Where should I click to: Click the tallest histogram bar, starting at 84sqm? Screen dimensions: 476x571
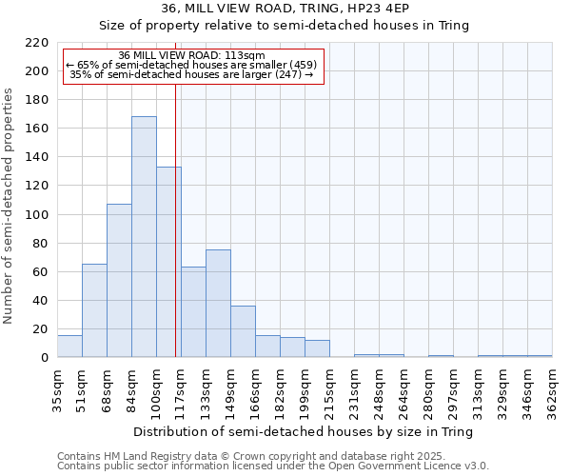[144, 237]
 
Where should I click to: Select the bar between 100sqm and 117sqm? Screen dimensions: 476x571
[168, 262]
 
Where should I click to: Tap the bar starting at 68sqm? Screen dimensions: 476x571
[119, 281]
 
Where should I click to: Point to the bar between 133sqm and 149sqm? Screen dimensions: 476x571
[218, 304]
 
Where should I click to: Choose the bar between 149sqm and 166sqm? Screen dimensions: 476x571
[243, 331]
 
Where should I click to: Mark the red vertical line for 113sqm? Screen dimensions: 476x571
[175, 219]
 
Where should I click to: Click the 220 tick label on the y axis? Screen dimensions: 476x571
[38, 43]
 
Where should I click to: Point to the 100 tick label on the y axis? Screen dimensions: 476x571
[38, 215]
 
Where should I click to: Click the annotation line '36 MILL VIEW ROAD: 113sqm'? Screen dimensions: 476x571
[192, 56]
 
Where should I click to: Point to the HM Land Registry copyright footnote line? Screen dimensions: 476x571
[245, 457]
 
